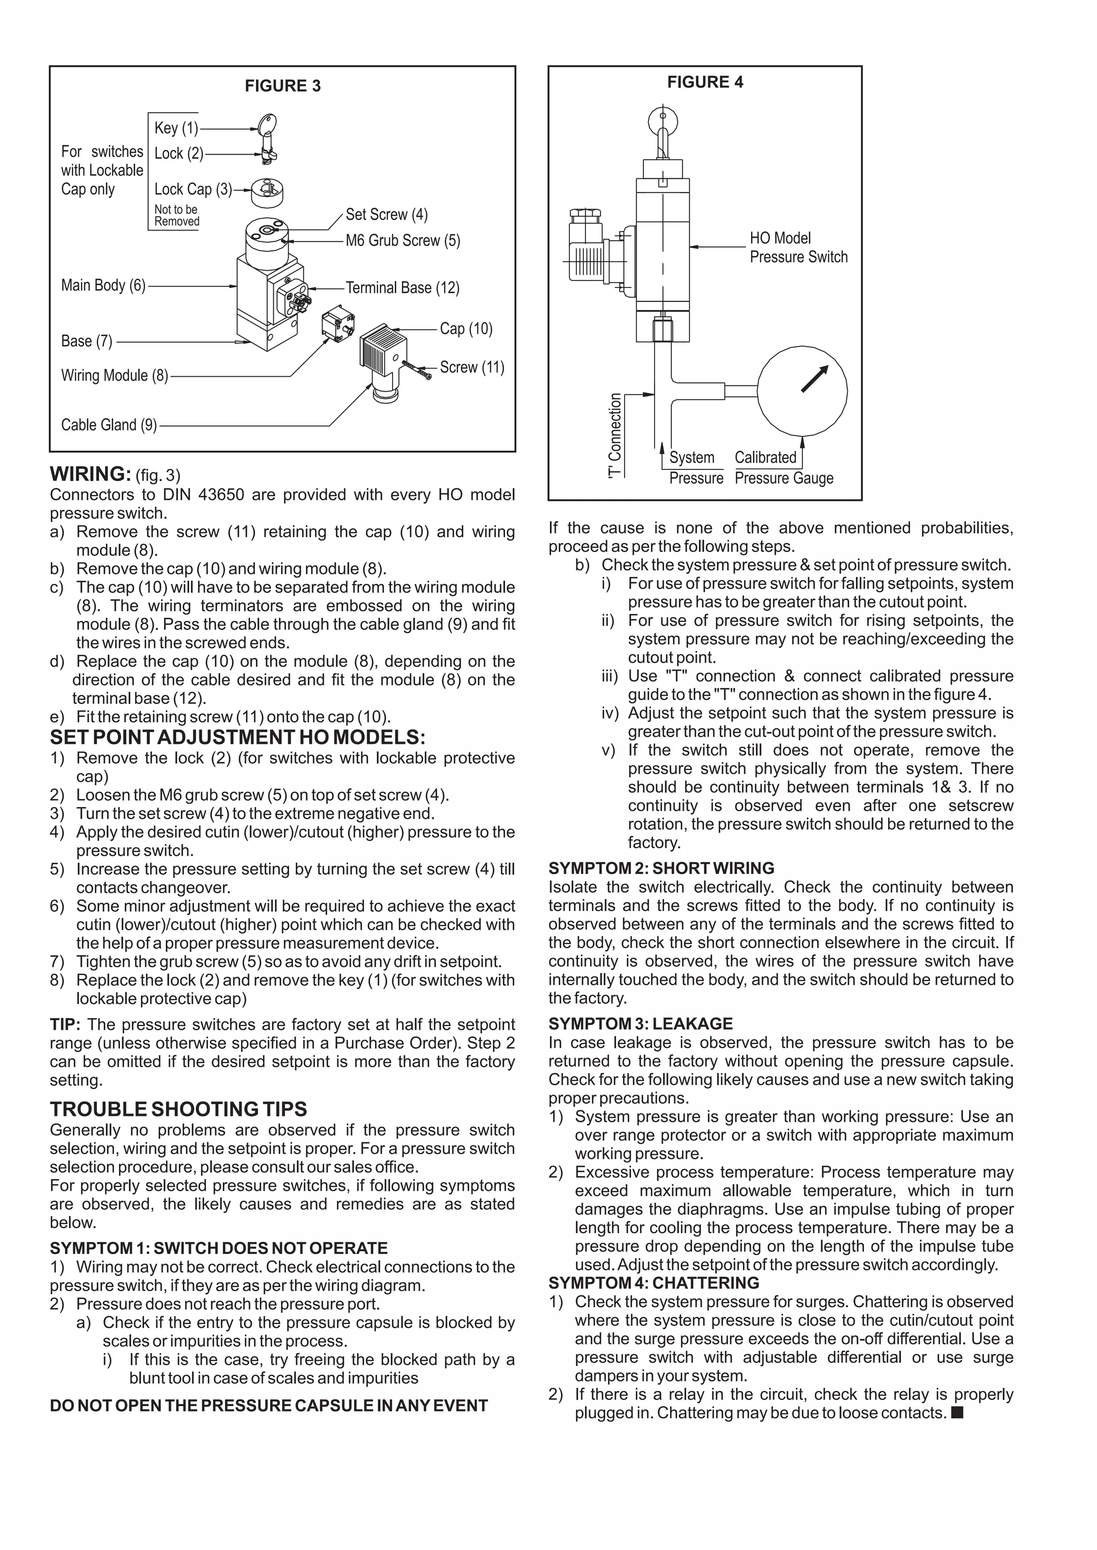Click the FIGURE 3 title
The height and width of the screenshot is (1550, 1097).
tap(282, 86)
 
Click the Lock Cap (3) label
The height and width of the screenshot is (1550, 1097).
tap(192, 189)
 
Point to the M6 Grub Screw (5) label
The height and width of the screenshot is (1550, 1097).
tap(403, 240)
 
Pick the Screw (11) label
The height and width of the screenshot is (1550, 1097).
tap(471, 367)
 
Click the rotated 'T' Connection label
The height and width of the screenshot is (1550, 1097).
tap(615, 436)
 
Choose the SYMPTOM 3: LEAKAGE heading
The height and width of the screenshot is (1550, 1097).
tap(641, 1023)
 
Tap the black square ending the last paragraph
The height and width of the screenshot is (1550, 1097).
tap(957, 1412)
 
